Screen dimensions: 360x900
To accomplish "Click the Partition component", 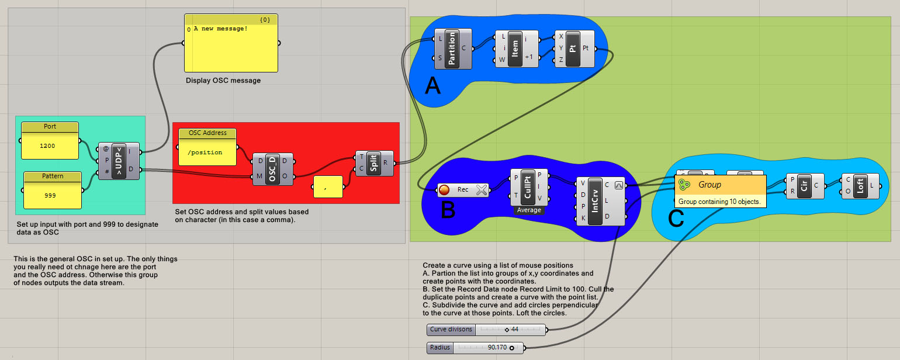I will (452, 49).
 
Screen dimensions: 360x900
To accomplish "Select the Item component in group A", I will (515, 49).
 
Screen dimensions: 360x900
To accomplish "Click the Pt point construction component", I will (573, 49).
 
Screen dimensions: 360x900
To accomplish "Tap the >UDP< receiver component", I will (119, 161).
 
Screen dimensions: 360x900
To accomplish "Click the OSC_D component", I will (273, 169).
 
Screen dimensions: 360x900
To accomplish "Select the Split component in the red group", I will (373, 163).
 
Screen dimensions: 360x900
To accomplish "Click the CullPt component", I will (527, 186).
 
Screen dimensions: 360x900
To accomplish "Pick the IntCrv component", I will (596, 200).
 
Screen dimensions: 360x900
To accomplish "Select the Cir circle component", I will (804, 186).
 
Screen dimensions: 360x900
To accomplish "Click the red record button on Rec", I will (445, 189).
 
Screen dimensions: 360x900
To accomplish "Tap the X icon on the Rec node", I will (482, 189).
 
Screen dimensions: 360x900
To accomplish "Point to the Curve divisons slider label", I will (451, 330).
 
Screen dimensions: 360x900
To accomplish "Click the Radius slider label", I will (441, 348).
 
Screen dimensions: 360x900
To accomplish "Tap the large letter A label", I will (432, 86).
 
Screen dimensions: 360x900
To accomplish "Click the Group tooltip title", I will (710, 185).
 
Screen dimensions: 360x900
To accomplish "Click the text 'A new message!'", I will (220, 29).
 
